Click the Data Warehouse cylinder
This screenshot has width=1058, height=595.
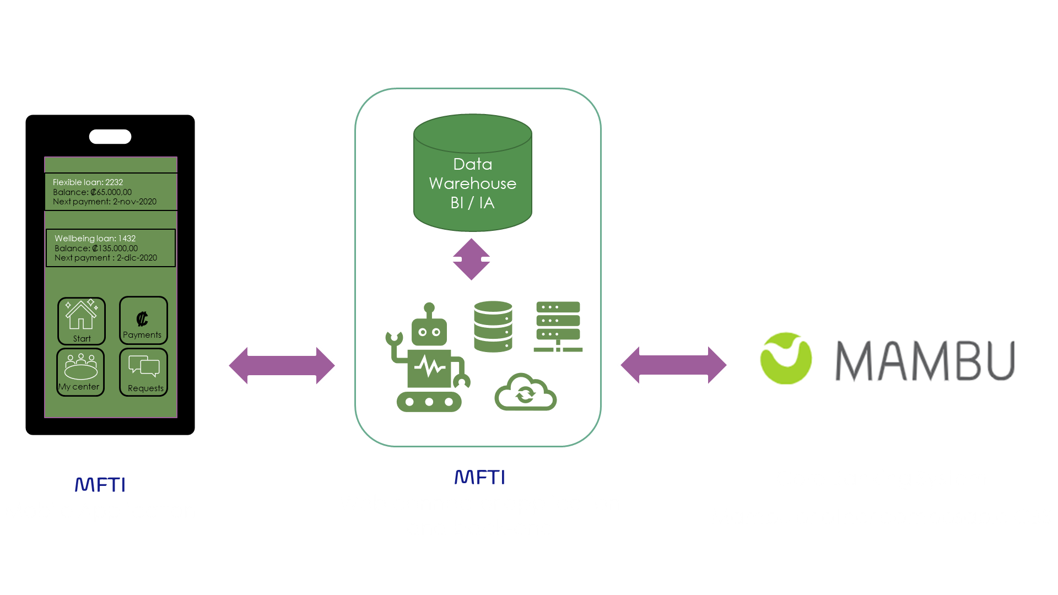(472, 174)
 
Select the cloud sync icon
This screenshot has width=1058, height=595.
(525, 392)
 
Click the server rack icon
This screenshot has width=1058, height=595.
(558, 326)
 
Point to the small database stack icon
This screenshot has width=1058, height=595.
(493, 326)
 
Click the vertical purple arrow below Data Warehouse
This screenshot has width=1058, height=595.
(471, 259)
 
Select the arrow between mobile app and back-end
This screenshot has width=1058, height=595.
(282, 365)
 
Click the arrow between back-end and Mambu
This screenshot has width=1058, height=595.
(673, 365)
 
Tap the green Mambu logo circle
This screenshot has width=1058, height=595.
(785, 358)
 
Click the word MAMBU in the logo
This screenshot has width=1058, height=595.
(925, 361)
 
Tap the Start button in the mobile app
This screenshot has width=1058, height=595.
(82, 321)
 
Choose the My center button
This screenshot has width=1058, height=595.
(80, 372)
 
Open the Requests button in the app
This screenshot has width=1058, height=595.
(144, 372)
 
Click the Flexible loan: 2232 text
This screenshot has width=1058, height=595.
(88, 182)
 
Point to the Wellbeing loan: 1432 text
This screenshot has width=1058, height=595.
(95, 239)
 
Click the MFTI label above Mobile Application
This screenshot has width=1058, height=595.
(100, 485)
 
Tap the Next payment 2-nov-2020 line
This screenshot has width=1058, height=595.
(105, 202)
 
